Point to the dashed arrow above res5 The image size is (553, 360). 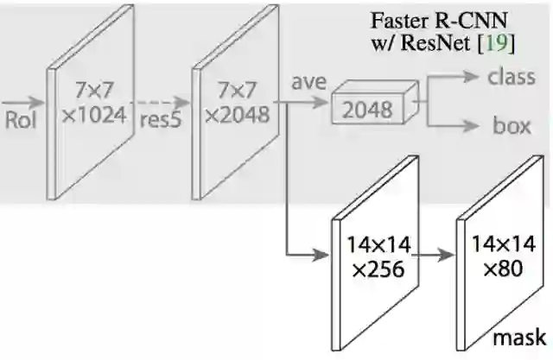(162, 100)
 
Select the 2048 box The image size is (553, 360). (366, 110)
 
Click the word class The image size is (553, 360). (512, 77)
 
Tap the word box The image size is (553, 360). (511, 126)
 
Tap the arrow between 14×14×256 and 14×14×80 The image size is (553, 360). (434, 256)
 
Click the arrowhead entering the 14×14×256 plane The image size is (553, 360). (326, 256)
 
